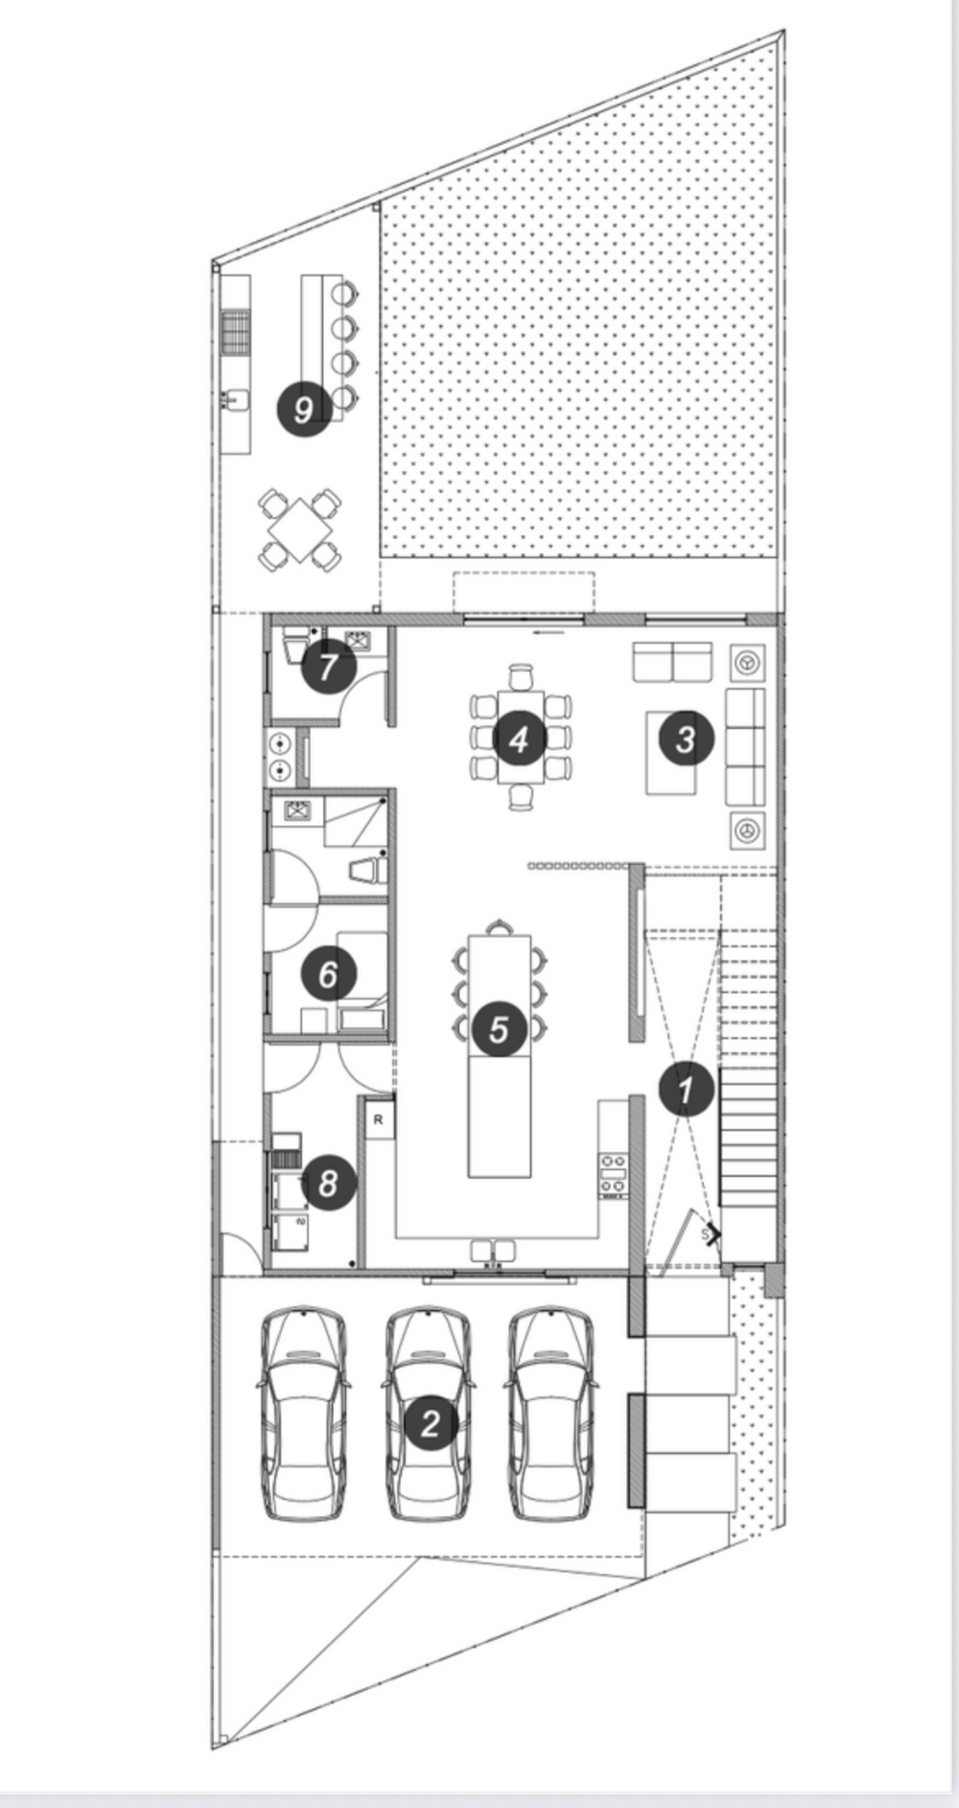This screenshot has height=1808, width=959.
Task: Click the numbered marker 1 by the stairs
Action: [685, 1089]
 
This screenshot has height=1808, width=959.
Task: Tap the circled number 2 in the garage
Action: [430, 1422]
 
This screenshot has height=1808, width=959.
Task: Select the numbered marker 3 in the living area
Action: [685, 740]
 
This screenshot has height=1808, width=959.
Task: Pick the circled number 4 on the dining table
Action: [519, 740]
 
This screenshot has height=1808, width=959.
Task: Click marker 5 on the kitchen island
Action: [498, 1029]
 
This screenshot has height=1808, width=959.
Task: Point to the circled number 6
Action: [328, 974]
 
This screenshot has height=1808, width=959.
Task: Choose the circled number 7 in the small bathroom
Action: [328, 666]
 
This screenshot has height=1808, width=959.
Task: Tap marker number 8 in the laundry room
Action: [328, 1182]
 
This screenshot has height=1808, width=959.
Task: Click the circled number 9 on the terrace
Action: [304, 410]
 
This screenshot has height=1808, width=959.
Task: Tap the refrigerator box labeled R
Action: [379, 1119]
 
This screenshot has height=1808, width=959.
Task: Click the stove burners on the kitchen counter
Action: [613, 1176]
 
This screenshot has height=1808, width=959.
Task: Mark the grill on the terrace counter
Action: [236, 332]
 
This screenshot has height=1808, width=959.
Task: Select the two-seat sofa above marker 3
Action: [671, 662]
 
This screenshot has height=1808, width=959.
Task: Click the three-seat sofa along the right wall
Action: [745, 746]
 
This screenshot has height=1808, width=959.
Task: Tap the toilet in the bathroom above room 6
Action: [367, 870]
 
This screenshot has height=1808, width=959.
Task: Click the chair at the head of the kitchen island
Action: [499, 927]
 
